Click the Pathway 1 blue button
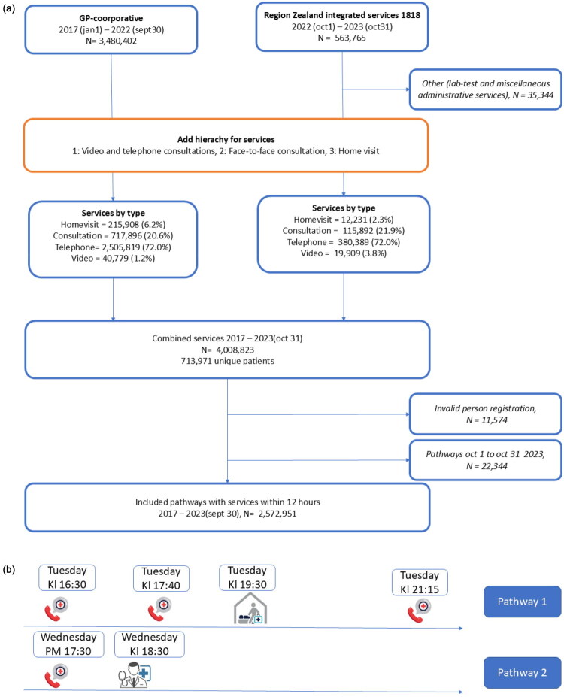pos(522,602)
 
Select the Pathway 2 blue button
pos(522,672)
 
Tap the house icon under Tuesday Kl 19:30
pos(250,608)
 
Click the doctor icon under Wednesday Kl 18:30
pos(135,674)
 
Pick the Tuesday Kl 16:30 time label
pos(67,577)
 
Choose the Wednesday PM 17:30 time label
pos(68,644)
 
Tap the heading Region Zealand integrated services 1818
pos(342,15)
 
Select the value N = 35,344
pos(533,95)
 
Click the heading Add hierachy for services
pos(226,140)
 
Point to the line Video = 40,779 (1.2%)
pos(113,258)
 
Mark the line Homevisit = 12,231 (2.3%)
pos(344,220)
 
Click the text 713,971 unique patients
pos(228,361)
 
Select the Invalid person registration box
pos(485,414)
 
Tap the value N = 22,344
pos(487,466)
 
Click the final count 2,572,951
pos(277,514)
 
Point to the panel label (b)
pos(9,569)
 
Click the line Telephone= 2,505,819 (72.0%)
pos(113,247)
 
